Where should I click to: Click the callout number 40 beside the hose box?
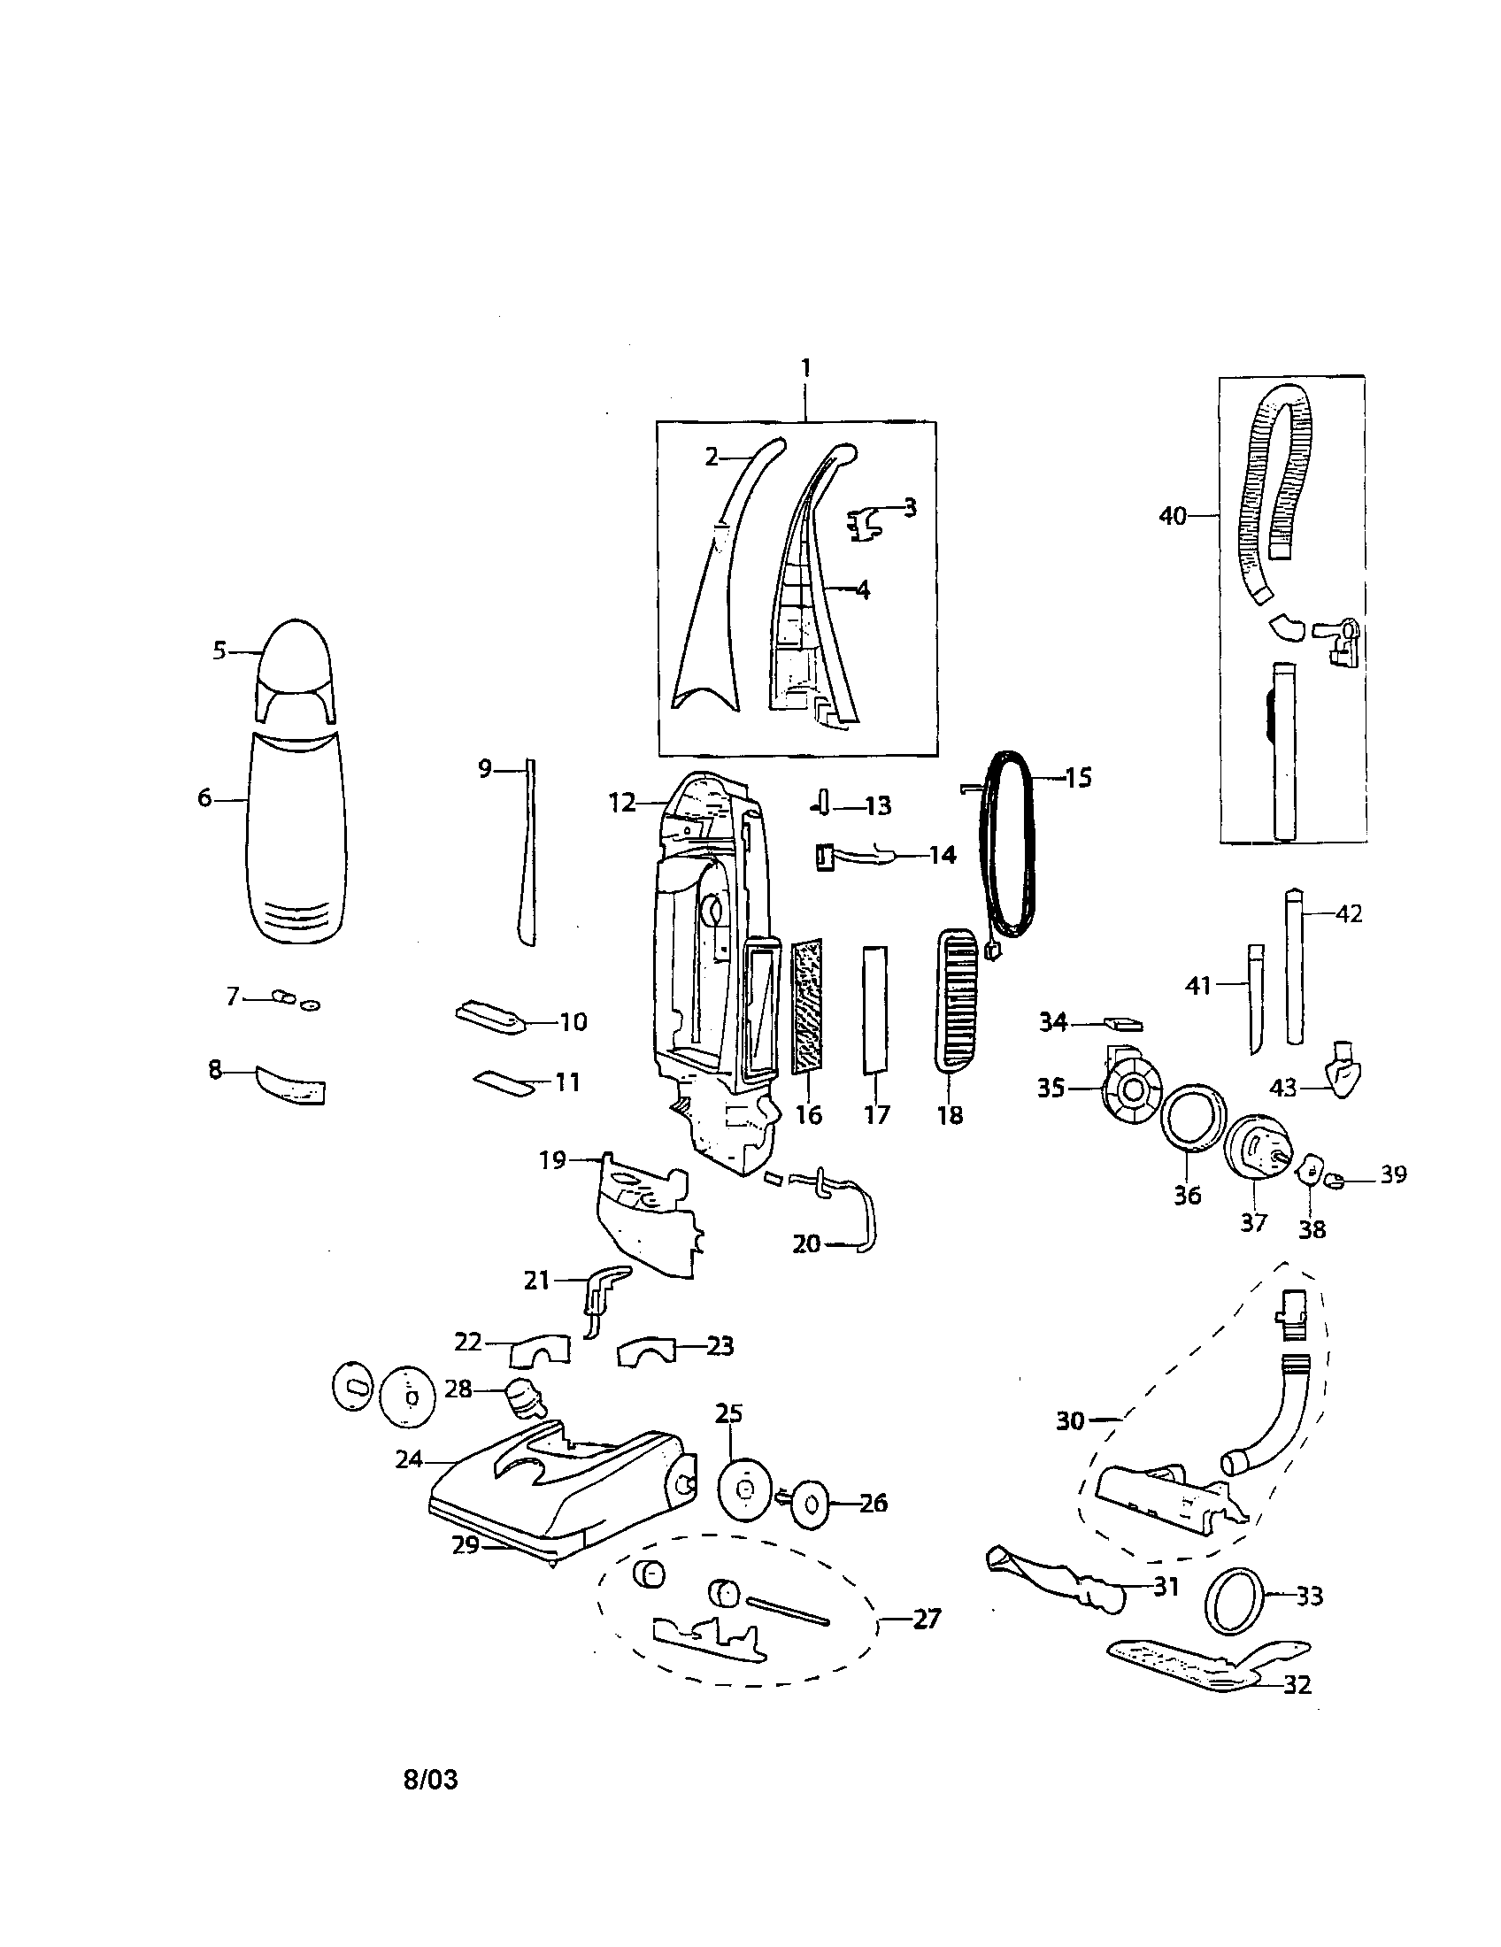coord(1172,515)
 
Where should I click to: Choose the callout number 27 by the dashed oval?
coord(927,1618)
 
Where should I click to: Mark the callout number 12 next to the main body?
coord(622,804)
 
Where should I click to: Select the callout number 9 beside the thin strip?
coord(484,767)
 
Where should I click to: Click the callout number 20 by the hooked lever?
coord(805,1243)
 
